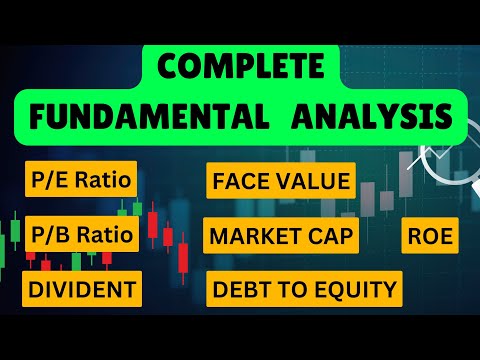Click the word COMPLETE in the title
tap(241, 66)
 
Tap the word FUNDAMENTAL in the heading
tap(149, 116)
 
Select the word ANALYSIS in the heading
tap(372, 116)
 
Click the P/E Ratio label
tap(81, 179)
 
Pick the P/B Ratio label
tap(82, 234)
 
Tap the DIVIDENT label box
tap(82, 289)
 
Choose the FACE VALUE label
tap(281, 181)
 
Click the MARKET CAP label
tap(281, 236)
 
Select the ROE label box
tap(430, 236)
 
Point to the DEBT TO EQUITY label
tap(304, 289)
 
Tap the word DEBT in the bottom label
tap(236, 289)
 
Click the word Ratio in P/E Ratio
tap(103, 180)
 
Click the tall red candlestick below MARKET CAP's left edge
tap(183, 258)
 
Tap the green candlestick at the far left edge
tap(15, 231)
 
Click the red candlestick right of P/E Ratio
tap(153, 224)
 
